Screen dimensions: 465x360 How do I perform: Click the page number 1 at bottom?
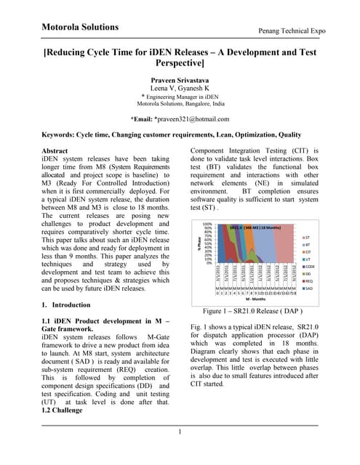coord(180,433)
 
